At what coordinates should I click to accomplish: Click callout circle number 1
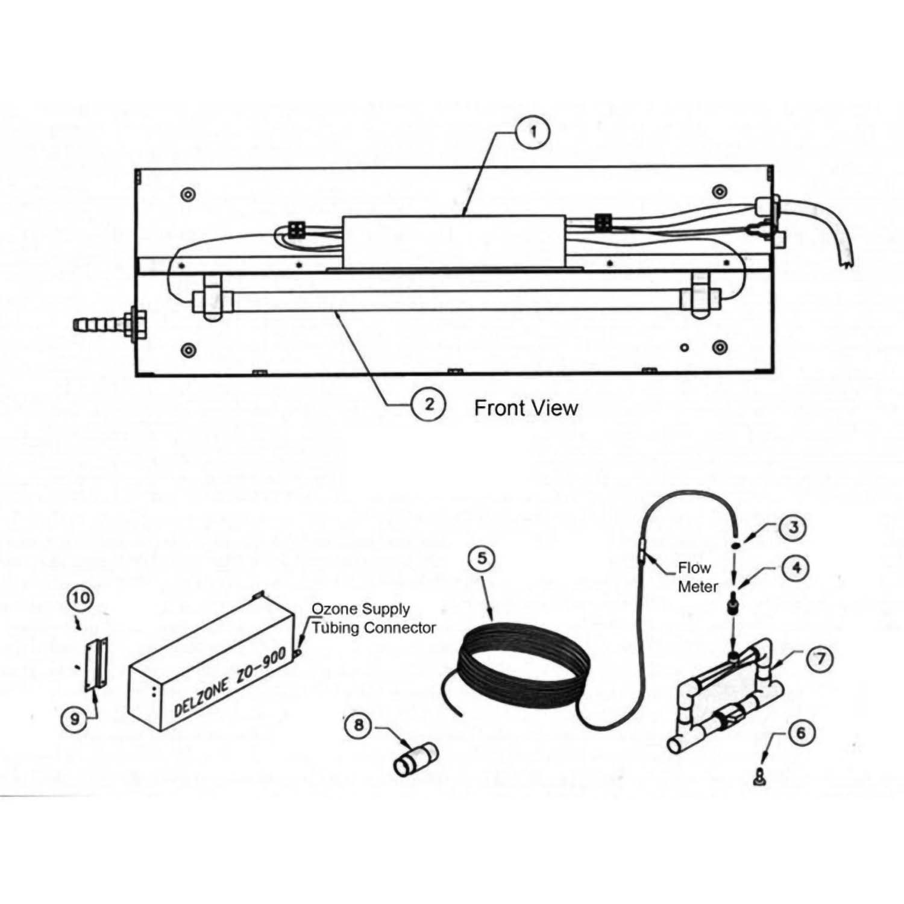tap(533, 133)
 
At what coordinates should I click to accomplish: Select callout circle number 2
tap(428, 403)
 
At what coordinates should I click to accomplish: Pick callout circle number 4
tap(796, 568)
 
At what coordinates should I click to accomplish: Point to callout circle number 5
tap(482, 558)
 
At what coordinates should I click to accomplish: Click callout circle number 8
tap(359, 725)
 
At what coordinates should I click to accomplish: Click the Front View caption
tap(526, 408)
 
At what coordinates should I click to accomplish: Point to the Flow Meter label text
tap(697, 577)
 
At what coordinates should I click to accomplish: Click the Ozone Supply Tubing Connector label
tap(372, 618)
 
